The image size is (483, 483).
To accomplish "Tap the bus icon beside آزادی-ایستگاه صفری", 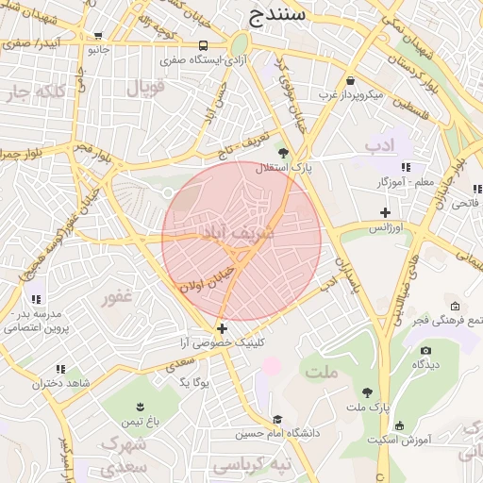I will pyautogui.click(x=205, y=45).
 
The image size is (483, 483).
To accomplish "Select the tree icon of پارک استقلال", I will pyautogui.click(x=283, y=151).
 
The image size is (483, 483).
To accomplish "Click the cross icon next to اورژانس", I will pyautogui.click(x=385, y=211).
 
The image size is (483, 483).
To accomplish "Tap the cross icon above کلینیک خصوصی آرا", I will pyautogui.click(x=222, y=329).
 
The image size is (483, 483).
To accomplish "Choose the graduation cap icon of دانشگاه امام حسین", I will pyautogui.click(x=277, y=420).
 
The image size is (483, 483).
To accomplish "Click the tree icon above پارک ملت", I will pyautogui.click(x=367, y=391).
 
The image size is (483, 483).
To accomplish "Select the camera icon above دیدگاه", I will pyautogui.click(x=425, y=351).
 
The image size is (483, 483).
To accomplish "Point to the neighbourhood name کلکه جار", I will pyautogui.click(x=34, y=93).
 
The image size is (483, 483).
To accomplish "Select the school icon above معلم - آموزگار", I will pyautogui.click(x=407, y=167).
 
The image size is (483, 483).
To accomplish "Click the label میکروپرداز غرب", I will pyautogui.click(x=350, y=95).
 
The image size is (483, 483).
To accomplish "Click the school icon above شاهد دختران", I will pyautogui.click(x=60, y=369).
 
